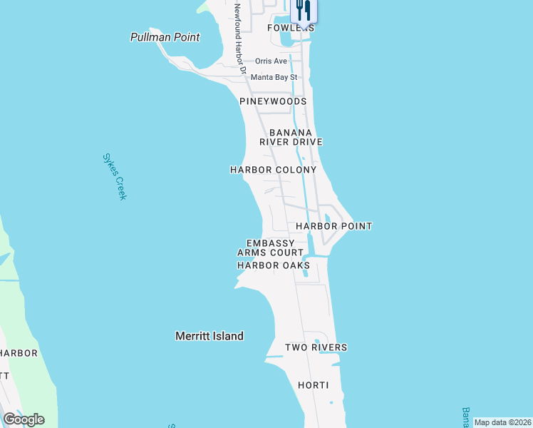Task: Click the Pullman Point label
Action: [x=165, y=37]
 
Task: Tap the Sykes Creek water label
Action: [x=114, y=176]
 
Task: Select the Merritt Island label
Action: [x=209, y=336]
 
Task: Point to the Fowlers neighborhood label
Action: [x=291, y=28]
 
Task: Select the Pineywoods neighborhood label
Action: [x=273, y=101]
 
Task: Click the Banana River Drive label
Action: [x=296, y=137]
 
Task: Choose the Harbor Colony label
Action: [x=273, y=170]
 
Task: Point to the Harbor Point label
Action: [x=333, y=226]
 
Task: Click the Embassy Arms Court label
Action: [x=270, y=248]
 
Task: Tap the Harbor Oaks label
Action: [x=273, y=265]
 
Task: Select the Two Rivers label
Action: [x=316, y=347]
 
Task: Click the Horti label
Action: [x=314, y=385]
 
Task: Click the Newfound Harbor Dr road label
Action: [x=240, y=39]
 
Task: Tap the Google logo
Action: [x=24, y=419]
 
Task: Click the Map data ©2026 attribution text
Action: [x=502, y=422]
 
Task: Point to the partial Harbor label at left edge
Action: [x=19, y=353]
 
